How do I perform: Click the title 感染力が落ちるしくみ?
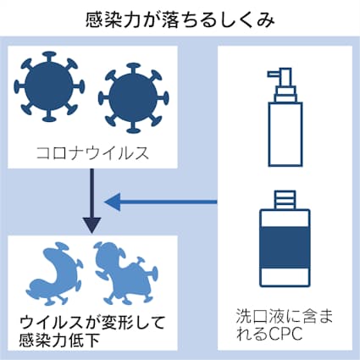click(x=180, y=19)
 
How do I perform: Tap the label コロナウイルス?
click(x=92, y=153)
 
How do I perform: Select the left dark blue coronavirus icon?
click(x=50, y=86)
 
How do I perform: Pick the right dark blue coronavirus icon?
click(x=133, y=97)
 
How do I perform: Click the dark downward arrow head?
click(x=91, y=225)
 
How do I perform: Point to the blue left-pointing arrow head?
click(x=113, y=202)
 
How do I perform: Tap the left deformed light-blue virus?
click(x=54, y=274)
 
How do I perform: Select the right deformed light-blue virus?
click(x=125, y=274)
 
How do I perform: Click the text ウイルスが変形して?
click(x=92, y=323)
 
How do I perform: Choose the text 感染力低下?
click(x=59, y=341)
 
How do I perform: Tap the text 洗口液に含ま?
click(x=285, y=316)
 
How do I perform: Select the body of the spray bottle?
click(x=285, y=134)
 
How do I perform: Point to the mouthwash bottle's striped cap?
click(x=285, y=200)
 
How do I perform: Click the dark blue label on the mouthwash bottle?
click(x=285, y=247)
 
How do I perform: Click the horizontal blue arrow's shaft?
click(x=169, y=202)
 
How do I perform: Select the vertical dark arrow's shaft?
click(x=91, y=193)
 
